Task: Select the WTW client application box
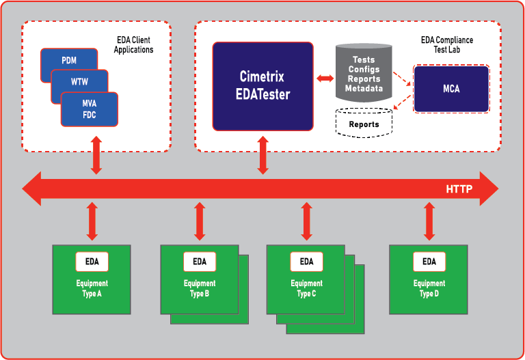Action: point(79,81)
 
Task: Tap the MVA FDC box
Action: point(90,109)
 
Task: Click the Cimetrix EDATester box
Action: point(262,86)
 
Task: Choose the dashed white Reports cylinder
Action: point(364,124)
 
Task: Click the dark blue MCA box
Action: point(451,89)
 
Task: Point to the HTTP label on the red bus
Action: point(459,189)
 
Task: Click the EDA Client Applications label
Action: point(133,45)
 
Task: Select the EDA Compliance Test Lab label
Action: point(446,45)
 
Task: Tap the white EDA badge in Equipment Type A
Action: point(92,262)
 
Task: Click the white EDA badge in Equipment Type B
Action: point(200,262)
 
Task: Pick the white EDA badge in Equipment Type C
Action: point(306,262)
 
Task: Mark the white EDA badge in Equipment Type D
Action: point(429,262)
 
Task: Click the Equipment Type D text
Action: point(429,288)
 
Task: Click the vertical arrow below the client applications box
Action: point(96,155)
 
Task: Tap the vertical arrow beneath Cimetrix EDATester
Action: point(262,154)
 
